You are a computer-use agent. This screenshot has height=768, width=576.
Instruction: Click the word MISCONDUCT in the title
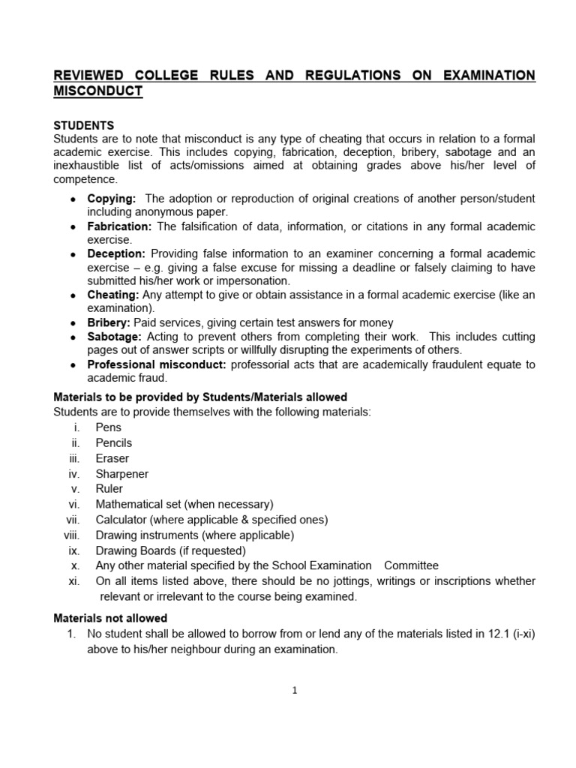coord(97,91)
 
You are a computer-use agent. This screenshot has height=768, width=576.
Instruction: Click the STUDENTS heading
coord(83,125)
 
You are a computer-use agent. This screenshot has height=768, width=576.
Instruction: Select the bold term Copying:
coord(112,199)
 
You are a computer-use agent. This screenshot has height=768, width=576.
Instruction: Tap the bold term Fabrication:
coord(120,226)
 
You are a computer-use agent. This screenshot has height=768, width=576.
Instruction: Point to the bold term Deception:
coord(117,254)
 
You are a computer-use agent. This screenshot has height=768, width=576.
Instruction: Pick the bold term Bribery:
coord(109,322)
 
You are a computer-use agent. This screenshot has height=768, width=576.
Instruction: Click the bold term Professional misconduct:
coord(157,364)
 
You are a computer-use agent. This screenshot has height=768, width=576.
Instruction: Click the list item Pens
coord(108,427)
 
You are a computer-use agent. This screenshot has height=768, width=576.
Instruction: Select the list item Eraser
coord(112,458)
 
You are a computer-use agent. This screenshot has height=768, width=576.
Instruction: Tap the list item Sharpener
coord(121,474)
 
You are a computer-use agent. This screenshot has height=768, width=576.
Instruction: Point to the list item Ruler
coord(109,489)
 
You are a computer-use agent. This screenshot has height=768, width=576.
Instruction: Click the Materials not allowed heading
coord(110,618)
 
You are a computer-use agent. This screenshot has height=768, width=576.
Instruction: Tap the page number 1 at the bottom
coord(295,691)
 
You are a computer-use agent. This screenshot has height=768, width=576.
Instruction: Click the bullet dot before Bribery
coord(72,322)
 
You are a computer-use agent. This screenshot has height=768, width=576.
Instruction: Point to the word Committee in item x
coord(412,566)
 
